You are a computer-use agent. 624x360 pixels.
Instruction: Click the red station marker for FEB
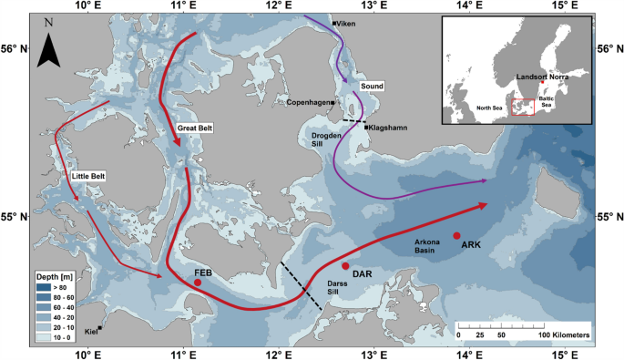pos(197,283)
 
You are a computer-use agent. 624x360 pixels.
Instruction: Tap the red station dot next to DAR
pos(345,266)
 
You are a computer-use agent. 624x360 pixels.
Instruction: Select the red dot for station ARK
pos(456,236)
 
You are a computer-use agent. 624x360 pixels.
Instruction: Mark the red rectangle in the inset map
pos(523,108)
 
